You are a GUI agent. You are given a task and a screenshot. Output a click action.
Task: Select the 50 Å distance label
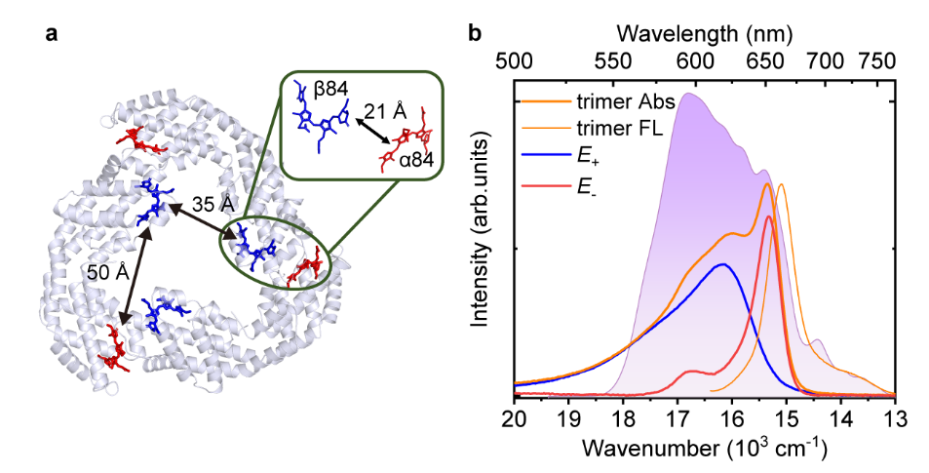(x=108, y=272)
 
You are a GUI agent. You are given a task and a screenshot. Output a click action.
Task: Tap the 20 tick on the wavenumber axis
(x=514, y=418)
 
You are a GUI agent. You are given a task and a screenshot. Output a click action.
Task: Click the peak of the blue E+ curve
(x=722, y=263)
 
